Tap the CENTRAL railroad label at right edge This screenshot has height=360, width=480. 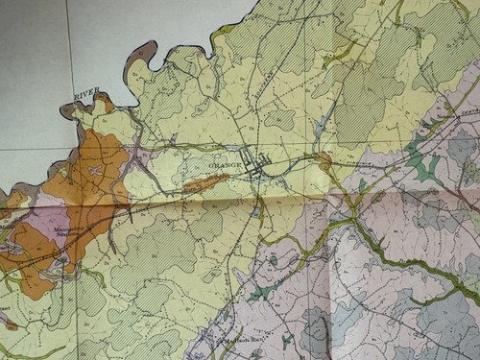pos(459,118)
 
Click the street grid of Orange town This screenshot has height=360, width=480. pos(257,166)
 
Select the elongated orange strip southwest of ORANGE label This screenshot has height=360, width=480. pos(204,181)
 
